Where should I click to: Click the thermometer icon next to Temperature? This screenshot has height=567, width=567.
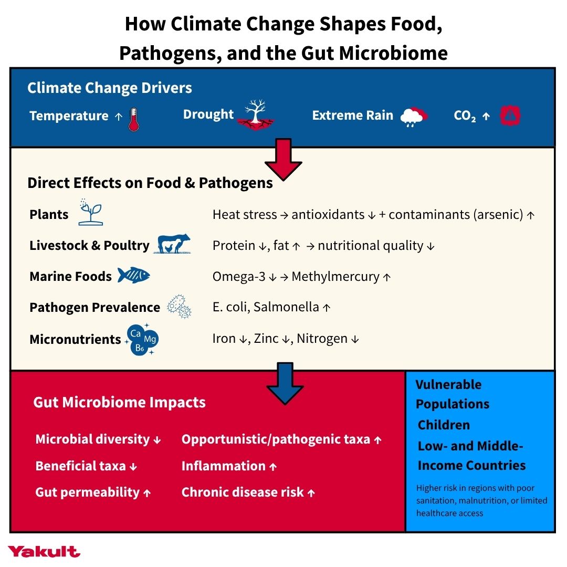click(134, 119)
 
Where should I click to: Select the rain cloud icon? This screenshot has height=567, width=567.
click(414, 117)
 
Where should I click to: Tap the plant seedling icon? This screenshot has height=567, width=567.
click(91, 212)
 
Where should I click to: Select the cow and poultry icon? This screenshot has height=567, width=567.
click(172, 244)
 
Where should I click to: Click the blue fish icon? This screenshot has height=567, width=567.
click(133, 275)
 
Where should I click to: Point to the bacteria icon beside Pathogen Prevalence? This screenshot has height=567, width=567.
click(179, 307)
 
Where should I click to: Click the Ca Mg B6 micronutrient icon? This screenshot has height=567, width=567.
click(142, 339)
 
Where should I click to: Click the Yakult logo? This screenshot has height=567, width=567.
click(44, 551)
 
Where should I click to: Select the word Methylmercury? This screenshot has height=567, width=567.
click(335, 277)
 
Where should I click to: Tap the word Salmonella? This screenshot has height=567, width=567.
click(286, 307)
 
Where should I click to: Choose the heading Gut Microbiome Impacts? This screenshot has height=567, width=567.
click(119, 403)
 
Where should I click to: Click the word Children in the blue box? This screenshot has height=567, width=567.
click(444, 425)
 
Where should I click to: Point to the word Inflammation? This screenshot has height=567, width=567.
click(224, 466)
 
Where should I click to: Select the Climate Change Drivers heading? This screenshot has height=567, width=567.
click(110, 88)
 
